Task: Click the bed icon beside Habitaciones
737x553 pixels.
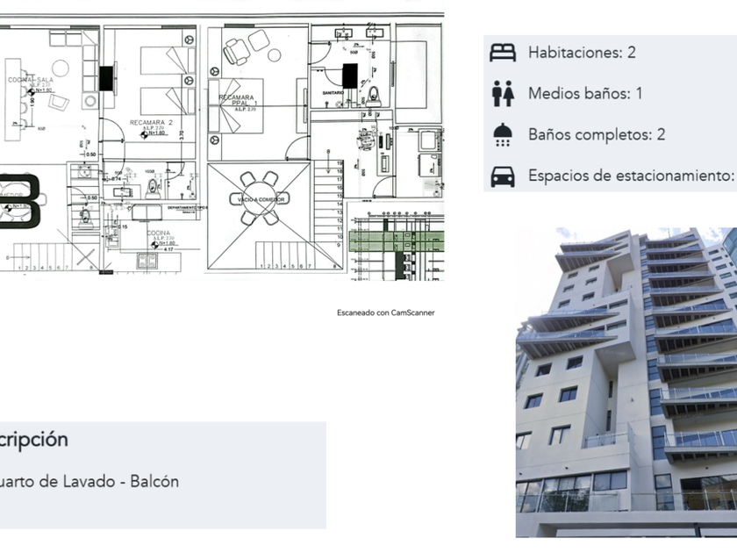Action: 503,52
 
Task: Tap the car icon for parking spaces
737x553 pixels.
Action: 503,176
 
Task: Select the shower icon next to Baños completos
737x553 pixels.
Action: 503,134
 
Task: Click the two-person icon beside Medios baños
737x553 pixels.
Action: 503,93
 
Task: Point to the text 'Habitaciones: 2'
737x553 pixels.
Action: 582,52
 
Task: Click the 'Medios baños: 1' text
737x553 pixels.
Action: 585,93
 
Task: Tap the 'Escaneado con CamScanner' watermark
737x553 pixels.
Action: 385,312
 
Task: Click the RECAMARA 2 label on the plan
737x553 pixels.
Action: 151,123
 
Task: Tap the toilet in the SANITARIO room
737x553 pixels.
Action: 373,94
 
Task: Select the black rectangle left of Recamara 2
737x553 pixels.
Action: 107,78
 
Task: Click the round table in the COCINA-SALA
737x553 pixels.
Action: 60,68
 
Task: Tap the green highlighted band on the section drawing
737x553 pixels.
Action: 395,242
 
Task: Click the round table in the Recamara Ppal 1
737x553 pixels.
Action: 275,54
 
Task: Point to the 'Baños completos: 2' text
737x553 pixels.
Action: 597,134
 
